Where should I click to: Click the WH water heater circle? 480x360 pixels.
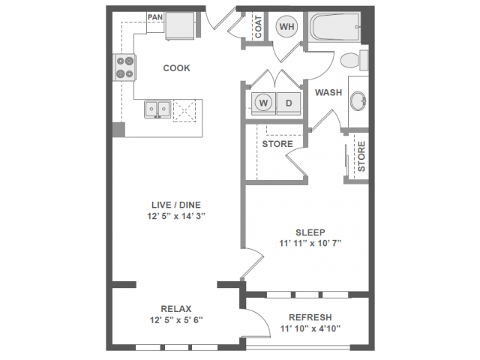tap(286, 28)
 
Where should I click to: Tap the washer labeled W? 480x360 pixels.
tap(263, 102)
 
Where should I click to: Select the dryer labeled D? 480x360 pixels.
tap(289, 102)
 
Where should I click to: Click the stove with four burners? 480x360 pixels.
tap(124, 67)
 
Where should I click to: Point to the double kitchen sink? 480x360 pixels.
tap(159, 109)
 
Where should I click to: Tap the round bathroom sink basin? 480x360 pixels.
tap(358, 99)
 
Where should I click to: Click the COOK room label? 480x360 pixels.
tap(177, 68)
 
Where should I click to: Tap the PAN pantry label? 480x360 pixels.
tap(155, 17)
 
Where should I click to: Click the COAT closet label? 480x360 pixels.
tap(257, 27)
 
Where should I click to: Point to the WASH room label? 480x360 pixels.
tap(328, 93)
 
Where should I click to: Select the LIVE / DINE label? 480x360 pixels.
tap(177, 204)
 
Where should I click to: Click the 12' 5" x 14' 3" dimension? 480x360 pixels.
tap(177, 216)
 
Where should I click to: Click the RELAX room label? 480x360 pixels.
tap(177, 308)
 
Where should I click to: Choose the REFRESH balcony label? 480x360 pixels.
tap(305, 317)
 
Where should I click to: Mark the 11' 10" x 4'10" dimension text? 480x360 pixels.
tap(305, 328)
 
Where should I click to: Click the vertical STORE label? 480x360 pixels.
tap(361, 157)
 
